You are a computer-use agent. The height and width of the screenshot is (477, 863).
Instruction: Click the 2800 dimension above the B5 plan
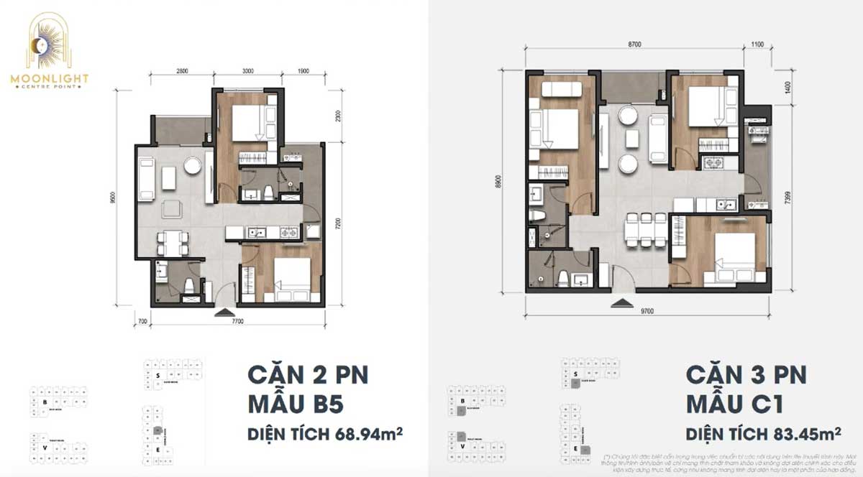point(181,72)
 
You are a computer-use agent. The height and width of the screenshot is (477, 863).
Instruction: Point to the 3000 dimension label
point(247,72)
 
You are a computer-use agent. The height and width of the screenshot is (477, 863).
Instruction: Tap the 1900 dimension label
point(303,72)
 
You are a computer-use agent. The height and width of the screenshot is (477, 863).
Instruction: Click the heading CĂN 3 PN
point(746,375)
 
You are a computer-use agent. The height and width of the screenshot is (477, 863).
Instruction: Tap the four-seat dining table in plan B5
point(173,242)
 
